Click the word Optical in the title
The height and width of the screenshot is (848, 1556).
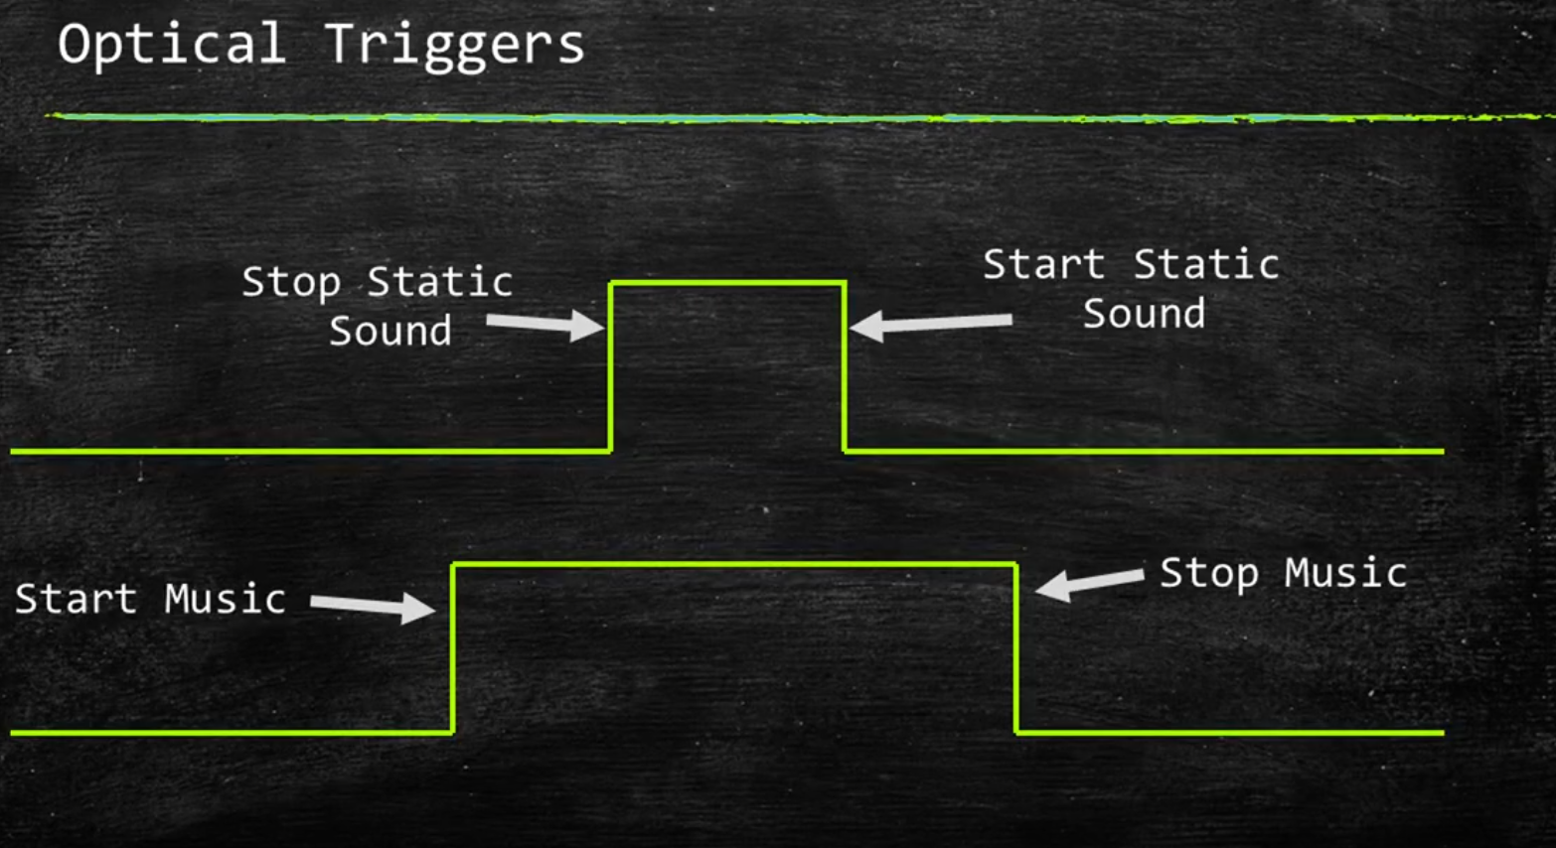[171, 46]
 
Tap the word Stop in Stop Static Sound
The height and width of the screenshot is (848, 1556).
[291, 284]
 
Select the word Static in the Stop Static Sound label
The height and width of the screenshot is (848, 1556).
[439, 283]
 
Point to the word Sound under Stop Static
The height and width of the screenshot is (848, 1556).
[390, 332]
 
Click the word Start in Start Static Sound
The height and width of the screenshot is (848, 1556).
[1043, 265]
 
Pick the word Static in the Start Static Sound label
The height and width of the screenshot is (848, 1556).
[1205, 265]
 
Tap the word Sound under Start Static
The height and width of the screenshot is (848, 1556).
[1144, 315]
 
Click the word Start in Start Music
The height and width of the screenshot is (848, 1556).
[76, 599]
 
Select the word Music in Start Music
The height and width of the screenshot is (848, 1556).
[226, 599]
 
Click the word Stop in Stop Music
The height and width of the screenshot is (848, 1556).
[1208, 573]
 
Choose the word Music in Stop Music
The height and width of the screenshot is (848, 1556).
[1345, 573]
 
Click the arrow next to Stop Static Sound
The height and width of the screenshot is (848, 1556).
[545, 325]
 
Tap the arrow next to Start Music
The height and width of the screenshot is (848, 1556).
[374, 606]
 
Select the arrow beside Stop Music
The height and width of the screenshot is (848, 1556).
[1089, 582]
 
